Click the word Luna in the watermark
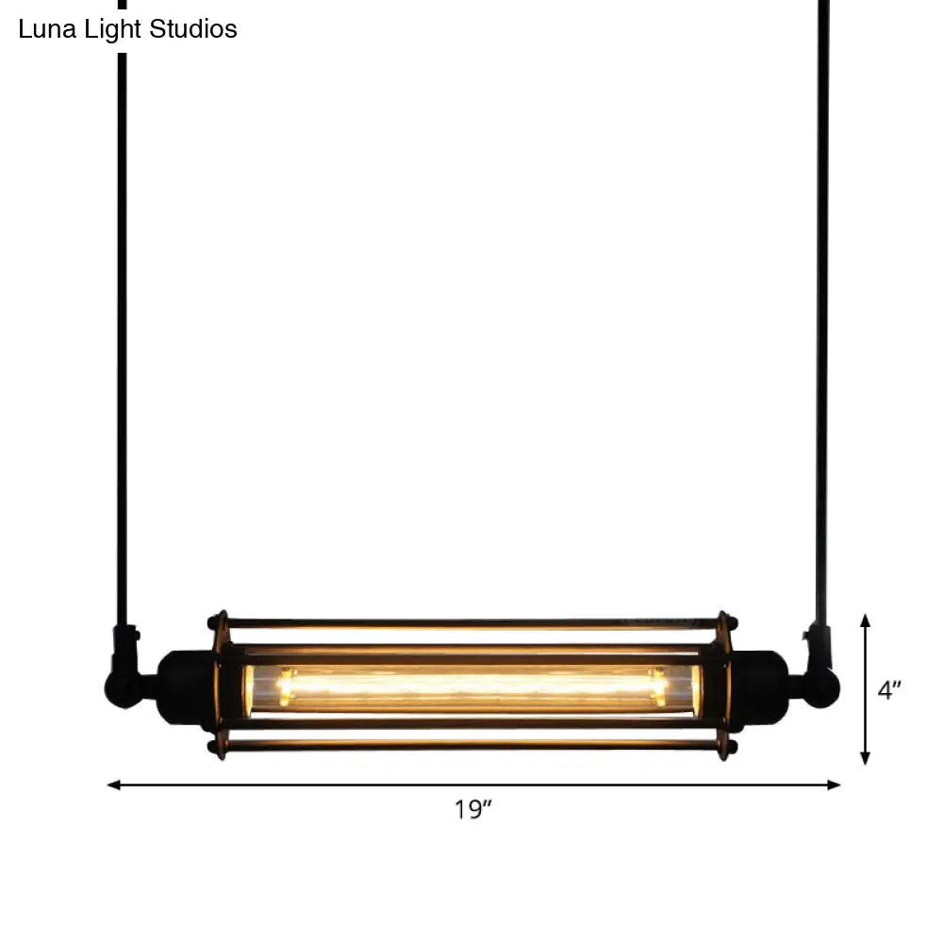47,29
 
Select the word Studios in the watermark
193,29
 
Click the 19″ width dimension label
472,809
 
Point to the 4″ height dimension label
889,690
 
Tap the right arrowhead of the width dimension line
834,785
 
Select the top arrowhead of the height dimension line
865,621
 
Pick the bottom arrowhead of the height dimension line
865,758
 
